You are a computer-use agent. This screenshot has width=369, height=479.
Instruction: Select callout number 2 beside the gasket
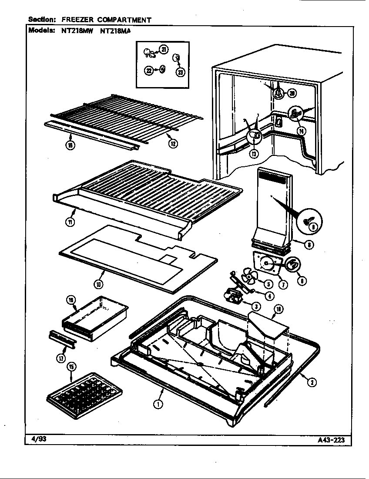312,383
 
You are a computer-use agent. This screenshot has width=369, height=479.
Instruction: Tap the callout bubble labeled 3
256,307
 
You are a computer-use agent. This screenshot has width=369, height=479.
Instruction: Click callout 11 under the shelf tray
70,222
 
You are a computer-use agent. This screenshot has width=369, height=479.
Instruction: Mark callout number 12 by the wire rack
174,144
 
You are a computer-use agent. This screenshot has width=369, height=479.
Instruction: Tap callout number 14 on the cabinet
301,130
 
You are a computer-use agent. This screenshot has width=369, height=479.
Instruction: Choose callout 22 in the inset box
149,70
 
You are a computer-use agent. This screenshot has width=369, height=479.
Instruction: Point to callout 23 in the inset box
180,72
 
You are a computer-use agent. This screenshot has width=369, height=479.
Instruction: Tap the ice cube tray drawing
84,390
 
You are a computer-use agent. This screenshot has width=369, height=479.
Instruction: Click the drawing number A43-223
331,439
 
